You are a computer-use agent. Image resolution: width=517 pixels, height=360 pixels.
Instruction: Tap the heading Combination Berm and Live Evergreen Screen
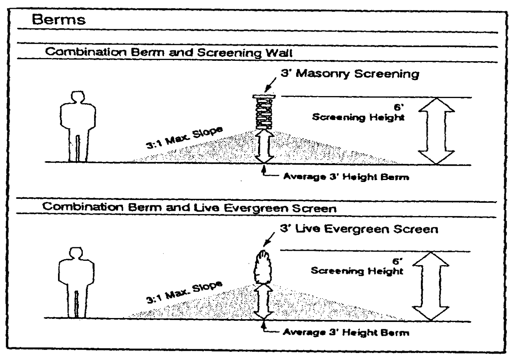coord(164,209)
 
